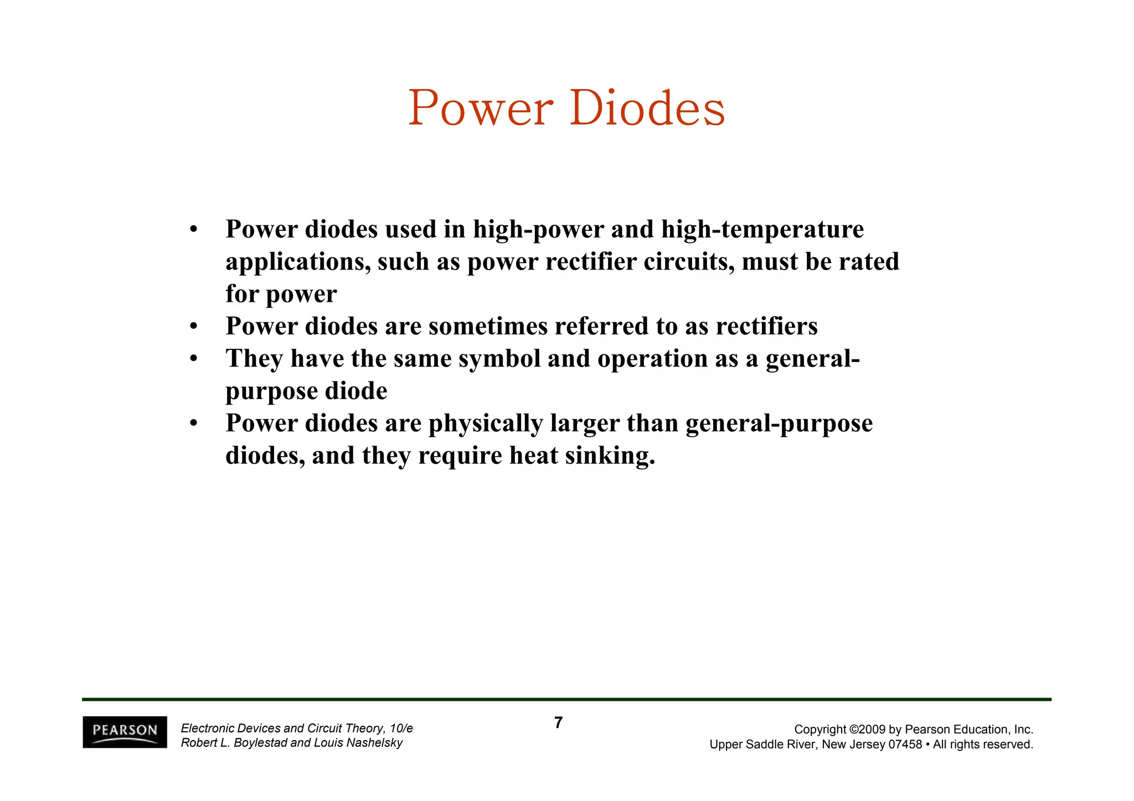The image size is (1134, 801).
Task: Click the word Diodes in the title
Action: coord(647,108)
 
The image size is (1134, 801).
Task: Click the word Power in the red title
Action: coord(480,108)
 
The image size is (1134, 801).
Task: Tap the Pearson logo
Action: coord(125,732)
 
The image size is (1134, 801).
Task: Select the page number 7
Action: coord(558,722)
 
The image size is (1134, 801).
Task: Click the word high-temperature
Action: coord(762,229)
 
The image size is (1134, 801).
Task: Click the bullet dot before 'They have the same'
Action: coord(193,359)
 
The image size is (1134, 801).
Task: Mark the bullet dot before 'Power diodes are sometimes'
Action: coord(193,327)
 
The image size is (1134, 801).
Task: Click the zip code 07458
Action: coord(905,745)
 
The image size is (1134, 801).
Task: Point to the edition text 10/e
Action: coord(401,728)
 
